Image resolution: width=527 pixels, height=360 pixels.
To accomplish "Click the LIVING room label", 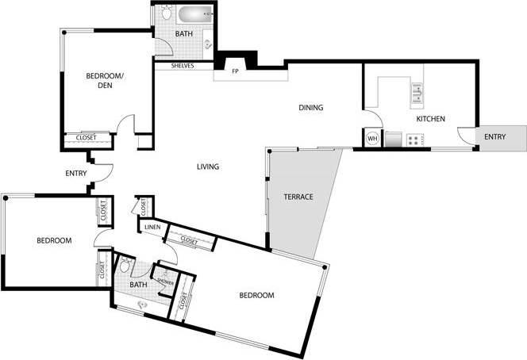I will click(x=208, y=167).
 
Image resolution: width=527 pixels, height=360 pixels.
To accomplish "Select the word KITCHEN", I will click(x=431, y=119).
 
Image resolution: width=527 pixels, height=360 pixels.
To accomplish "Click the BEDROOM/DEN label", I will click(x=104, y=81).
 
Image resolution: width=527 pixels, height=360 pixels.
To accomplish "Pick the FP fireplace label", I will click(x=236, y=72).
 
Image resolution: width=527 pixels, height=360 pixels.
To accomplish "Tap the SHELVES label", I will click(x=182, y=66).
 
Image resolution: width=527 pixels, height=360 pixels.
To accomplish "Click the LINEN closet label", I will click(x=152, y=228).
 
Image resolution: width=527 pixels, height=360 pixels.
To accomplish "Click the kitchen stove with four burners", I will click(x=414, y=140).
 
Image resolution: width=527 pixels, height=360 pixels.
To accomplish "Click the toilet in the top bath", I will click(x=165, y=13).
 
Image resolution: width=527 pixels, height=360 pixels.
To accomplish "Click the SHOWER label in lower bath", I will click(x=167, y=278).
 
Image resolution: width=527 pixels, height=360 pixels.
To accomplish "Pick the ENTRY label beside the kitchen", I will click(x=494, y=137).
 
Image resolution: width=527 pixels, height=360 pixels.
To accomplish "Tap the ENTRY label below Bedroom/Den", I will click(x=75, y=174).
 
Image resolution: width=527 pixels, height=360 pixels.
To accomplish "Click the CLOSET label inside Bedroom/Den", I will click(x=86, y=138).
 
